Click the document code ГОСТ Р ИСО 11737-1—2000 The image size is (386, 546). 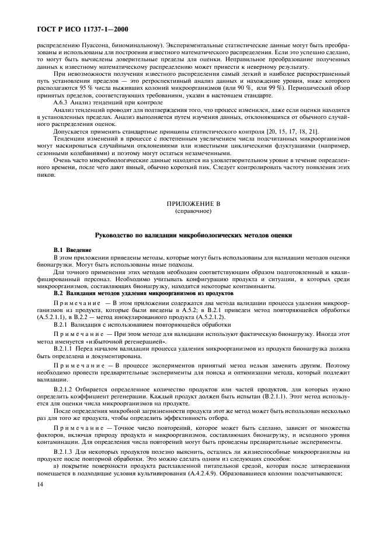[83, 28]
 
